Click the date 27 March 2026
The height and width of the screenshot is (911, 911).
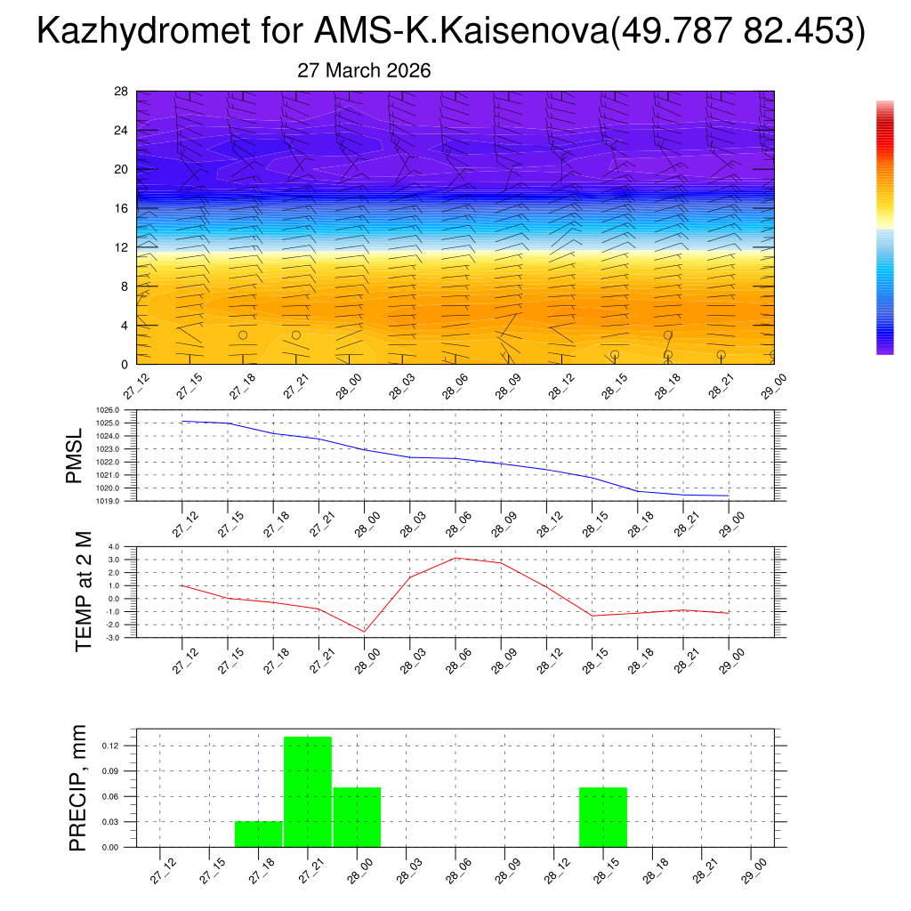click(x=363, y=71)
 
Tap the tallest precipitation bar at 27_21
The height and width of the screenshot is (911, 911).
click(x=308, y=792)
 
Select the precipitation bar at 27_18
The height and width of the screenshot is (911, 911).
click(x=258, y=834)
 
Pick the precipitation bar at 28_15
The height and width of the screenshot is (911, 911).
click(x=603, y=817)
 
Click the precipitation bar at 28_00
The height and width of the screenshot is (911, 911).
click(x=357, y=817)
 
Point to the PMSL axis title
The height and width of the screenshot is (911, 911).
click(x=73, y=455)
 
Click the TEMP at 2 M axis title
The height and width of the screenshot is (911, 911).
click(x=83, y=592)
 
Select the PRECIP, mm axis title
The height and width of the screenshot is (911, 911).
click(x=78, y=787)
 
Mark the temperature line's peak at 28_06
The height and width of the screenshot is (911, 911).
click(x=455, y=558)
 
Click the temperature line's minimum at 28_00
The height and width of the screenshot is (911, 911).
click(x=364, y=632)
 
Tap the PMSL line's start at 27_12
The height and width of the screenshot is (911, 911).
click(x=182, y=422)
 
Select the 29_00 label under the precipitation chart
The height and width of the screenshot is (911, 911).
click(x=754, y=868)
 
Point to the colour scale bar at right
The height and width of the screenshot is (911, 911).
click(x=884, y=228)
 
